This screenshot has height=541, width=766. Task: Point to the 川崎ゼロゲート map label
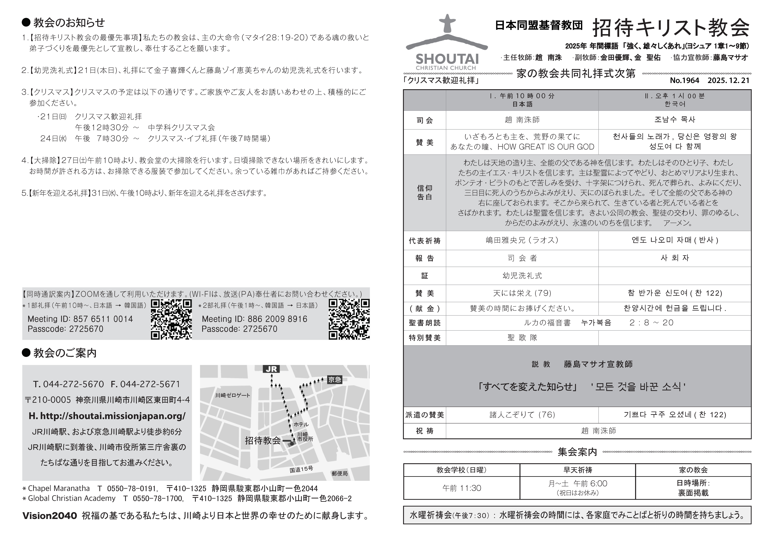(233, 395)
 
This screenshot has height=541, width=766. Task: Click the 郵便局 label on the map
(340, 473)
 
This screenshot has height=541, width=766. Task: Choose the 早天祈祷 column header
(578, 470)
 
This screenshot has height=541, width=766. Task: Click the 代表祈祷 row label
(424, 241)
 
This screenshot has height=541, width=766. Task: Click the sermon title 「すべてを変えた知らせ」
(527, 387)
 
